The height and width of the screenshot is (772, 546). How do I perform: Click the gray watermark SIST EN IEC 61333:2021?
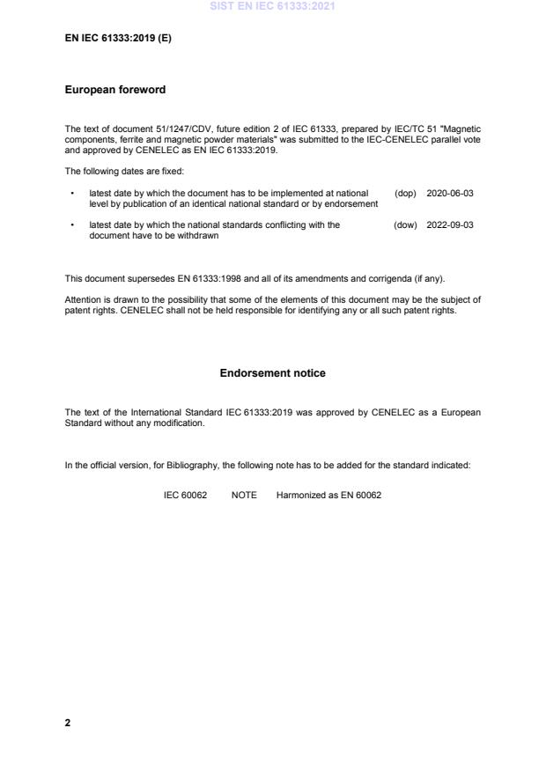point(272,6)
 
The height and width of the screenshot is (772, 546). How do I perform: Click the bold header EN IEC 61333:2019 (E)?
point(118,39)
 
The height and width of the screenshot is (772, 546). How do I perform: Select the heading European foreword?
point(115,90)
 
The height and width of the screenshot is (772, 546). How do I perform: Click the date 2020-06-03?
point(449,193)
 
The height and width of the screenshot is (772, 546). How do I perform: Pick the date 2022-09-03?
point(449,225)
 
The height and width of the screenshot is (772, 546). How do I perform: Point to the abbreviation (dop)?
point(405,193)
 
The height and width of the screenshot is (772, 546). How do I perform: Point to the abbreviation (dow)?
point(405,225)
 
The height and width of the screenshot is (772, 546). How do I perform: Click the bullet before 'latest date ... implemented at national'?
point(70,193)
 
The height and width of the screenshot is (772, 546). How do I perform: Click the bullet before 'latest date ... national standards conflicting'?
point(70,225)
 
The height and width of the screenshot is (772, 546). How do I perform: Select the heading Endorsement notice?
point(272,373)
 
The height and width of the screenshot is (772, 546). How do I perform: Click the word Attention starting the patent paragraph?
point(83,299)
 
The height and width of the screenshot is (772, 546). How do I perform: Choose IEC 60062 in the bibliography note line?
point(185,496)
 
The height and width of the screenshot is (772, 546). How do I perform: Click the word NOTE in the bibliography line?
point(244,496)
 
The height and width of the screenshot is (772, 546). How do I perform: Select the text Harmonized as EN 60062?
point(328,496)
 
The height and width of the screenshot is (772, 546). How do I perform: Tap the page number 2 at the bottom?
point(68,723)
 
